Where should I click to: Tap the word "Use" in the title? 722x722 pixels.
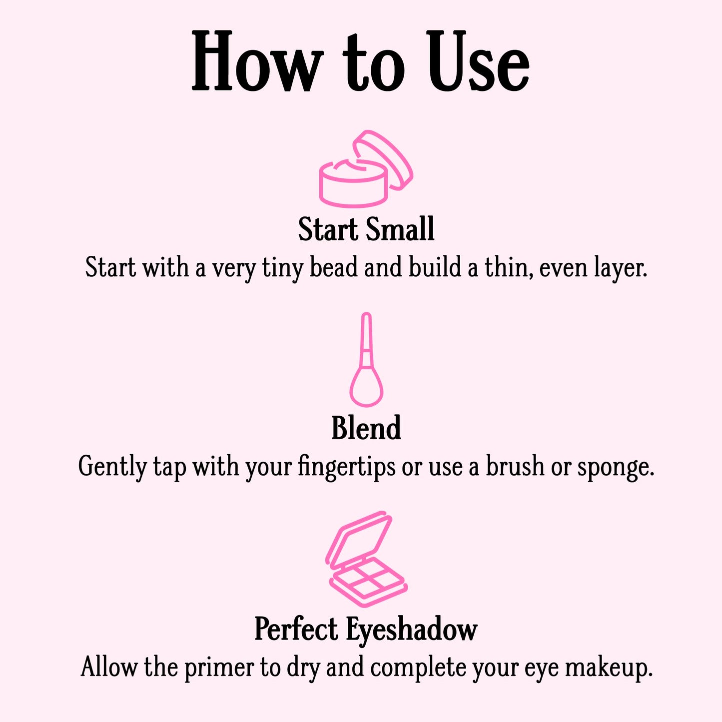[x=477, y=62]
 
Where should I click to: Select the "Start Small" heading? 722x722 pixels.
[x=366, y=229]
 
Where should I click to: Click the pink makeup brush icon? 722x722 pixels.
[x=367, y=360]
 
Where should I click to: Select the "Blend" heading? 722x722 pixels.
[x=366, y=428]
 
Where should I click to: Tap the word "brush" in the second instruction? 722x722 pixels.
[x=515, y=466]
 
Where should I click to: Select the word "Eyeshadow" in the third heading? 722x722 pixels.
[x=412, y=630]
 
